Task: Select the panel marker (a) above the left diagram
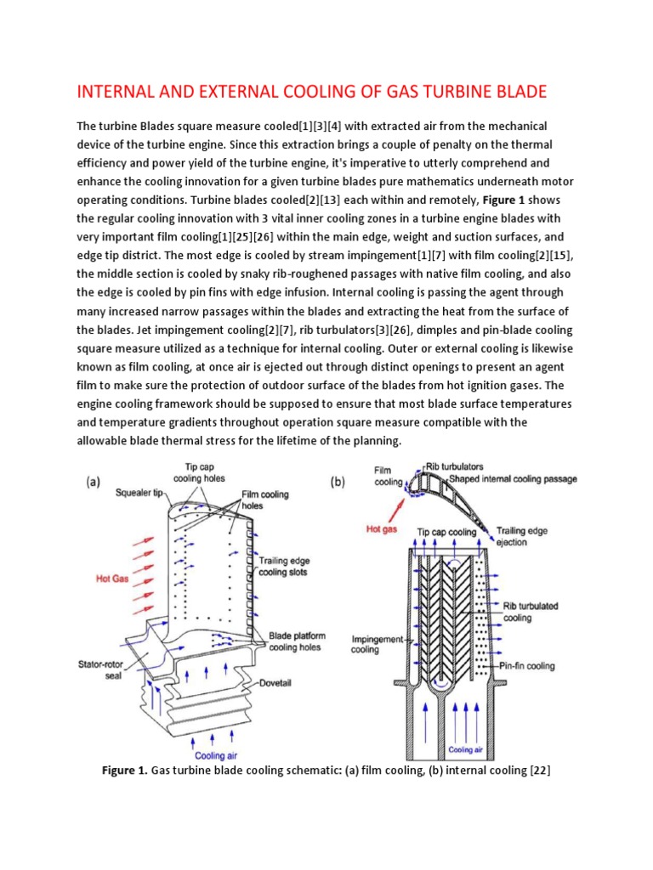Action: tap(94, 482)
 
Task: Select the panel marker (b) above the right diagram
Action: tap(338, 481)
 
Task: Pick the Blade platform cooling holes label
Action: tap(293, 641)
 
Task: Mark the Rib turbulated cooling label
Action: tap(530, 612)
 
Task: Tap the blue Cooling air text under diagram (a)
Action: tap(216, 755)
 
